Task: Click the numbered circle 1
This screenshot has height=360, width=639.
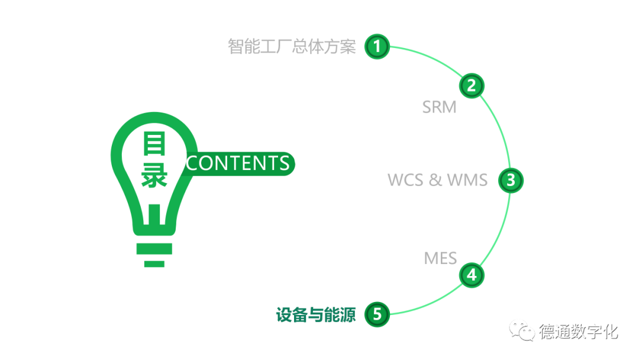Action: click(377, 46)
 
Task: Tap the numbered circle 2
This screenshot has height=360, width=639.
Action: click(472, 86)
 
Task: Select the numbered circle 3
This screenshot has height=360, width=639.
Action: click(511, 180)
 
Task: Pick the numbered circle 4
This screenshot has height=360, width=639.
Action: click(472, 275)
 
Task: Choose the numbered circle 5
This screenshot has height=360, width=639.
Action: click(377, 314)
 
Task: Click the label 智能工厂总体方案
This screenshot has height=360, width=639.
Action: click(292, 46)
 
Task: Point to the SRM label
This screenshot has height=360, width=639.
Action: click(439, 107)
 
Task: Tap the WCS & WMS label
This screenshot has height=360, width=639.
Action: click(437, 180)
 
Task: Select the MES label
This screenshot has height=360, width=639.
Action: click(440, 258)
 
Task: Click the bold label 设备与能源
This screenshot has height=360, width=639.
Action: click(316, 315)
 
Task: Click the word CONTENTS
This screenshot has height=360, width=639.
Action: click(238, 163)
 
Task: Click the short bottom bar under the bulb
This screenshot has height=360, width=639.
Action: click(154, 263)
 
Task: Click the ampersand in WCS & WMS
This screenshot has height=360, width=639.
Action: click(436, 180)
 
